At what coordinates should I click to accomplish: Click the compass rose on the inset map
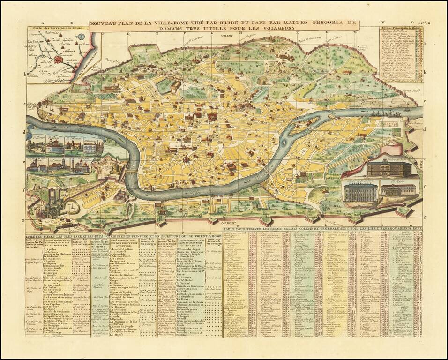pyautogui.click(x=82, y=37)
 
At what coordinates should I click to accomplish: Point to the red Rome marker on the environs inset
pyautogui.click(x=59, y=59)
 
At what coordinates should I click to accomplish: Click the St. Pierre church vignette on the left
pyautogui.click(x=35, y=146)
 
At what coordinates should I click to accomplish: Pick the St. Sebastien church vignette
pyautogui.click(x=74, y=146)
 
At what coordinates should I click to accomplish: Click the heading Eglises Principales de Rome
pyautogui.click(x=398, y=29)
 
